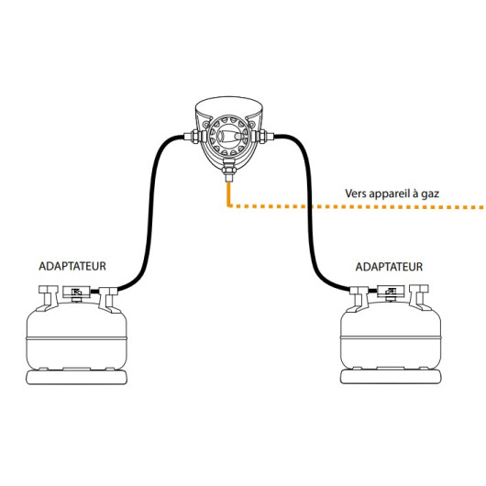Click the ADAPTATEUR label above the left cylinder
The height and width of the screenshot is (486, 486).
72,266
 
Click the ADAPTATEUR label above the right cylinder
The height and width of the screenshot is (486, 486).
389,267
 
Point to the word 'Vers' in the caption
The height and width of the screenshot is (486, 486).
356,193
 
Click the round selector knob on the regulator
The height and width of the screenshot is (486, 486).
229,136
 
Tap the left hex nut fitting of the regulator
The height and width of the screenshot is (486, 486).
195,137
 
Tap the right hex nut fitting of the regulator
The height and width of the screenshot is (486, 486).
262,137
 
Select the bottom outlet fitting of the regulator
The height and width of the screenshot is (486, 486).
229,174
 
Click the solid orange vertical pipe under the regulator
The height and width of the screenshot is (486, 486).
229,193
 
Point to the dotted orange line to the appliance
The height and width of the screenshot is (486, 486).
357,206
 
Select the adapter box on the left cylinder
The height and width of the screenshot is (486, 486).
76,292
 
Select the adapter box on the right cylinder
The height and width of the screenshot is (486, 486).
391,292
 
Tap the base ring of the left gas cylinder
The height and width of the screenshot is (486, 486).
76,378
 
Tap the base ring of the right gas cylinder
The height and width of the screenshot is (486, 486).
391,377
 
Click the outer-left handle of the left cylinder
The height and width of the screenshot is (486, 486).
49,297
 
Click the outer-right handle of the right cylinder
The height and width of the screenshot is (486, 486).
419,296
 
